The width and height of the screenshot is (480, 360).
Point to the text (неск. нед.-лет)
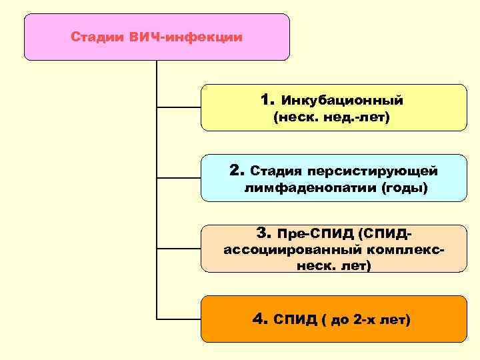pos(331,118)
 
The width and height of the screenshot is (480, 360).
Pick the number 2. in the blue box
pos(237,171)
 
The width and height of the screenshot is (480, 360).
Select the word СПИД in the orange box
pos(295,320)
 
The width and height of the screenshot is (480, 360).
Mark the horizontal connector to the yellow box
pos(178,107)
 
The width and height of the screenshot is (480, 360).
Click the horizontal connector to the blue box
pos(178,177)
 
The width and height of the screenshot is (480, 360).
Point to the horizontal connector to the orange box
pos(178,319)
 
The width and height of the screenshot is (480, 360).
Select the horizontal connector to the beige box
pos(178,248)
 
